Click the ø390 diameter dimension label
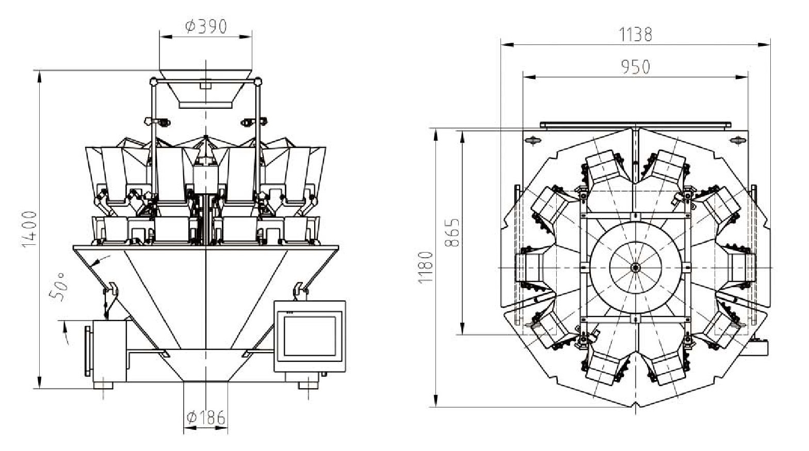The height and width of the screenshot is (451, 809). pos(206,26)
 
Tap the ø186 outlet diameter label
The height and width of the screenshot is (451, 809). pos(205,417)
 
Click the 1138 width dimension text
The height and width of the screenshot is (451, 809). pos(635,35)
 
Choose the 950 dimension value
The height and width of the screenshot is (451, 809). pos(635,67)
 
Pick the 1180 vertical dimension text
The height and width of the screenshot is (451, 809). pos(426,267)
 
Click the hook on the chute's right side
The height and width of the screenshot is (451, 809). pos(299,289)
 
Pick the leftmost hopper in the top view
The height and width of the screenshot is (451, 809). pos(527,268)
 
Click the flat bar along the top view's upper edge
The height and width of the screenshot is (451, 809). pos(635,124)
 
